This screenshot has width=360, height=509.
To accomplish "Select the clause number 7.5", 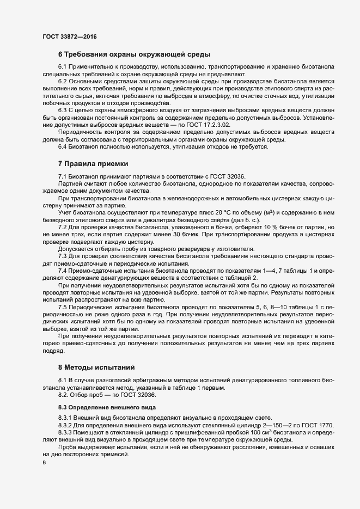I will [64, 308].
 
